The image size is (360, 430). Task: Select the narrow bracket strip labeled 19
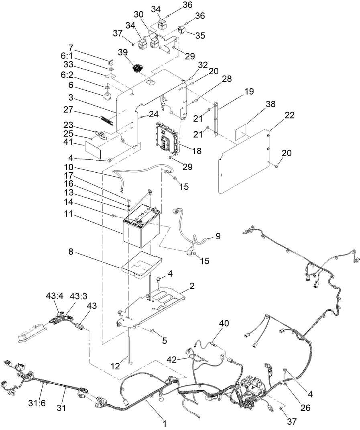pyautogui.click(x=216, y=118)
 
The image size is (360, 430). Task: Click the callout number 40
pyautogui.click(x=224, y=323)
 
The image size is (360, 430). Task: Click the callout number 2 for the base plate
pyautogui.click(x=192, y=287)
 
